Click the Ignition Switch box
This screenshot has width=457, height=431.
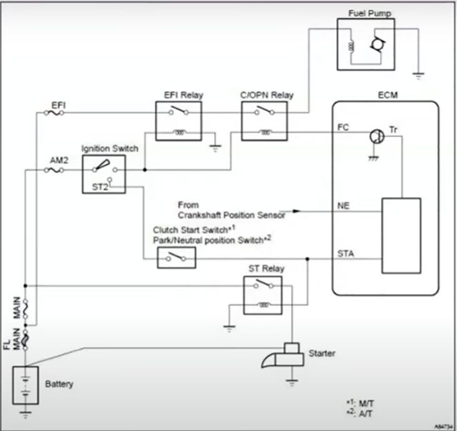pyautogui.click(x=104, y=173)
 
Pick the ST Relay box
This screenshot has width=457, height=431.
pyautogui.click(x=262, y=295)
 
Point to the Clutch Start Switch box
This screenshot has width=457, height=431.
pyautogui.click(x=176, y=257)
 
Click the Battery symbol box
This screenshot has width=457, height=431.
pyautogui.click(x=25, y=385)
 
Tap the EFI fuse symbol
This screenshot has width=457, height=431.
pyautogui.click(x=55, y=113)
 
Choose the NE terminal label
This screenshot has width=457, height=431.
pyautogui.click(x=344, y=205)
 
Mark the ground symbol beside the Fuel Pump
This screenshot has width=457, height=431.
pyautogui.click(x=418, y=74)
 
